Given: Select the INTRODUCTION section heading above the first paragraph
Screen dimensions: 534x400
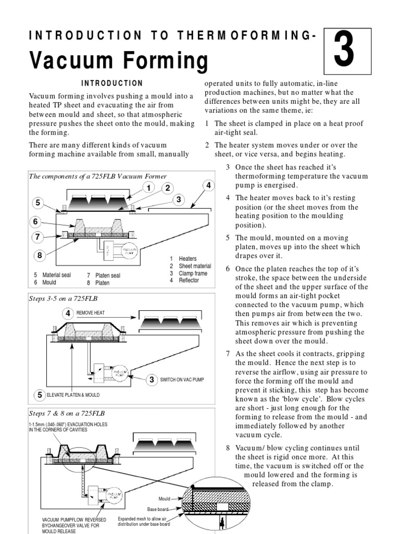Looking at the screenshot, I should point(113,83).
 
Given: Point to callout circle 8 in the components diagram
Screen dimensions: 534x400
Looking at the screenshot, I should point(39,255).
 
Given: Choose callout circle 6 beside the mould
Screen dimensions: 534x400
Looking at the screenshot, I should point(36,222).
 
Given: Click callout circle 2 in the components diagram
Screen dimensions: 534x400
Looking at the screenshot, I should point(168,188).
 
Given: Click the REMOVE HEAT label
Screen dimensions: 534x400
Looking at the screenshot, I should point(92,313).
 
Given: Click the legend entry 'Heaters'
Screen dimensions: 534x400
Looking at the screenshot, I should point(187,259).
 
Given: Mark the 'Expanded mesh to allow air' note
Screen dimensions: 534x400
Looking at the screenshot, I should point(144,519).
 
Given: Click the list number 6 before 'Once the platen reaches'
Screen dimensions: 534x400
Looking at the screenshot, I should point(228,269).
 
